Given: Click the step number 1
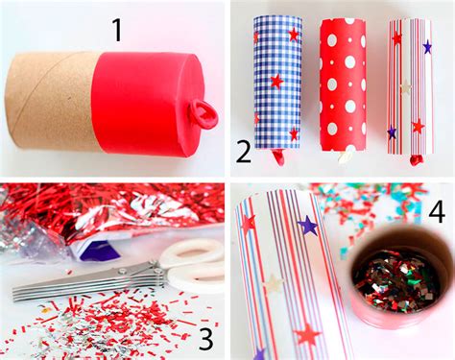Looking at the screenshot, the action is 117,31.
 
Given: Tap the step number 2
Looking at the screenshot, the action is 244,153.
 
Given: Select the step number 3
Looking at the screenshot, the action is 206,339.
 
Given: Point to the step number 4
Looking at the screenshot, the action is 437,211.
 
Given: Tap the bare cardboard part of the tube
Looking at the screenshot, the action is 51,101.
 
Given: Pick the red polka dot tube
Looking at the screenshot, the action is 344,84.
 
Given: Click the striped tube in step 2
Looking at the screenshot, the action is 411,86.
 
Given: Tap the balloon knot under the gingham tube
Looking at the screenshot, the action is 278,157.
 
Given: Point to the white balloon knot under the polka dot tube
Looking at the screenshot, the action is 346,156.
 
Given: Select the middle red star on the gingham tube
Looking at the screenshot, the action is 276,82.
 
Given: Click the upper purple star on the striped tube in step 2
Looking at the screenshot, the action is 427,47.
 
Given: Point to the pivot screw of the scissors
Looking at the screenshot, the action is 122,272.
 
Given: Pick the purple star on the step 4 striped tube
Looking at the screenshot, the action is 308,226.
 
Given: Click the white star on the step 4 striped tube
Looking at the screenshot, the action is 273,283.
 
